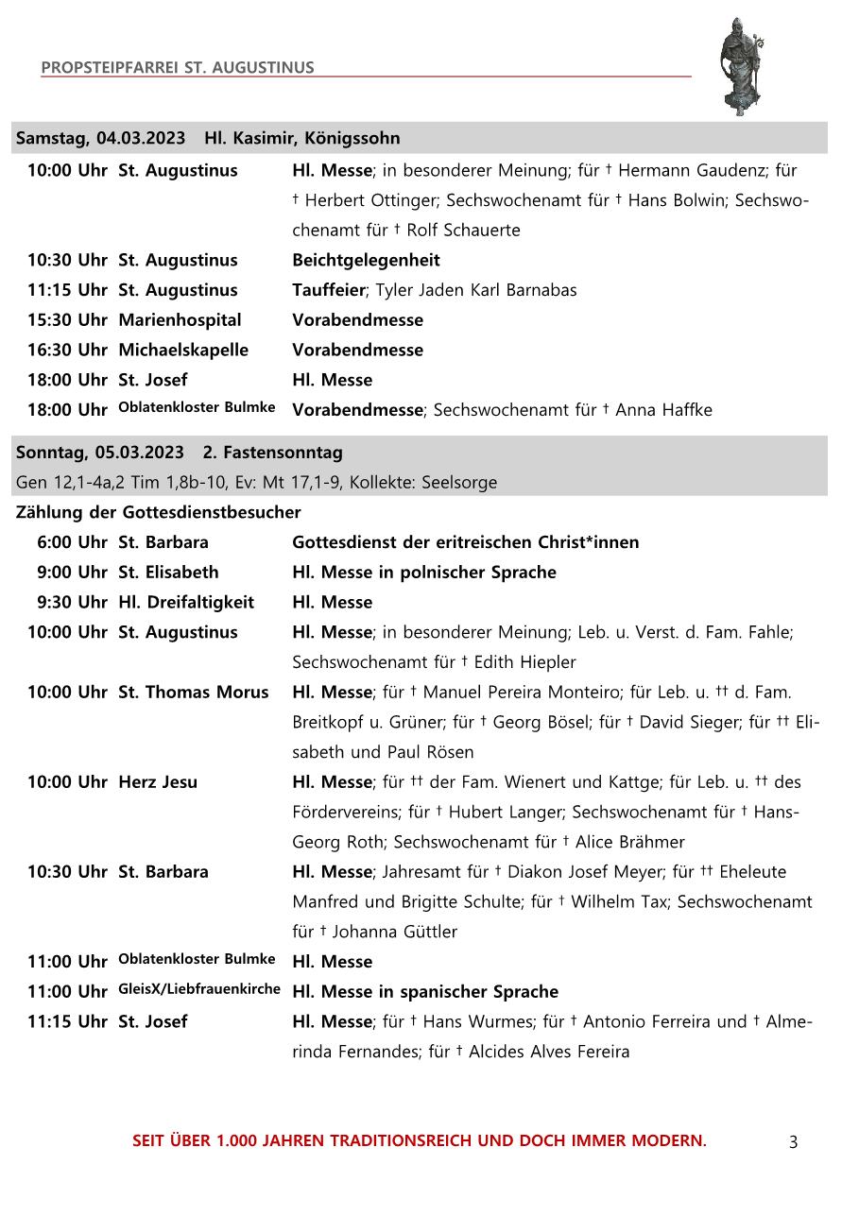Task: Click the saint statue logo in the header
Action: [740, 65]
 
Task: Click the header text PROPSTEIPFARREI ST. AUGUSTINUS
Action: [178, 68]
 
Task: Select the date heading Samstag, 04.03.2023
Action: [101, 138]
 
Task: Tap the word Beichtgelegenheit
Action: [366, 260]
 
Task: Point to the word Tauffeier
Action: [327, 290]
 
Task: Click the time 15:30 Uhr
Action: [67, 320]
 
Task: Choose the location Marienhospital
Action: [180, 320]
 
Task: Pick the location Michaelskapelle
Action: [183, 350]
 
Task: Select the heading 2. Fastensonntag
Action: [273, 453]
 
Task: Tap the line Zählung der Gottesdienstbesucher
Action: [158, 512]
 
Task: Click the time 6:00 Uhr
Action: [72, 542]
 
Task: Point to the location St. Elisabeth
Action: [168, 573]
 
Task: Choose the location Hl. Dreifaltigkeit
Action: [186, 602]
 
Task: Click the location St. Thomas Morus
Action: [193, 693]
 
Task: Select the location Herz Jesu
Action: [158, 782]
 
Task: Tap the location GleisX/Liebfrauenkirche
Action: [199, 989]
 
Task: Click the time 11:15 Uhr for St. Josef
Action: [67, 1021]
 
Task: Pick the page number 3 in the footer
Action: [793, 1142]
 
